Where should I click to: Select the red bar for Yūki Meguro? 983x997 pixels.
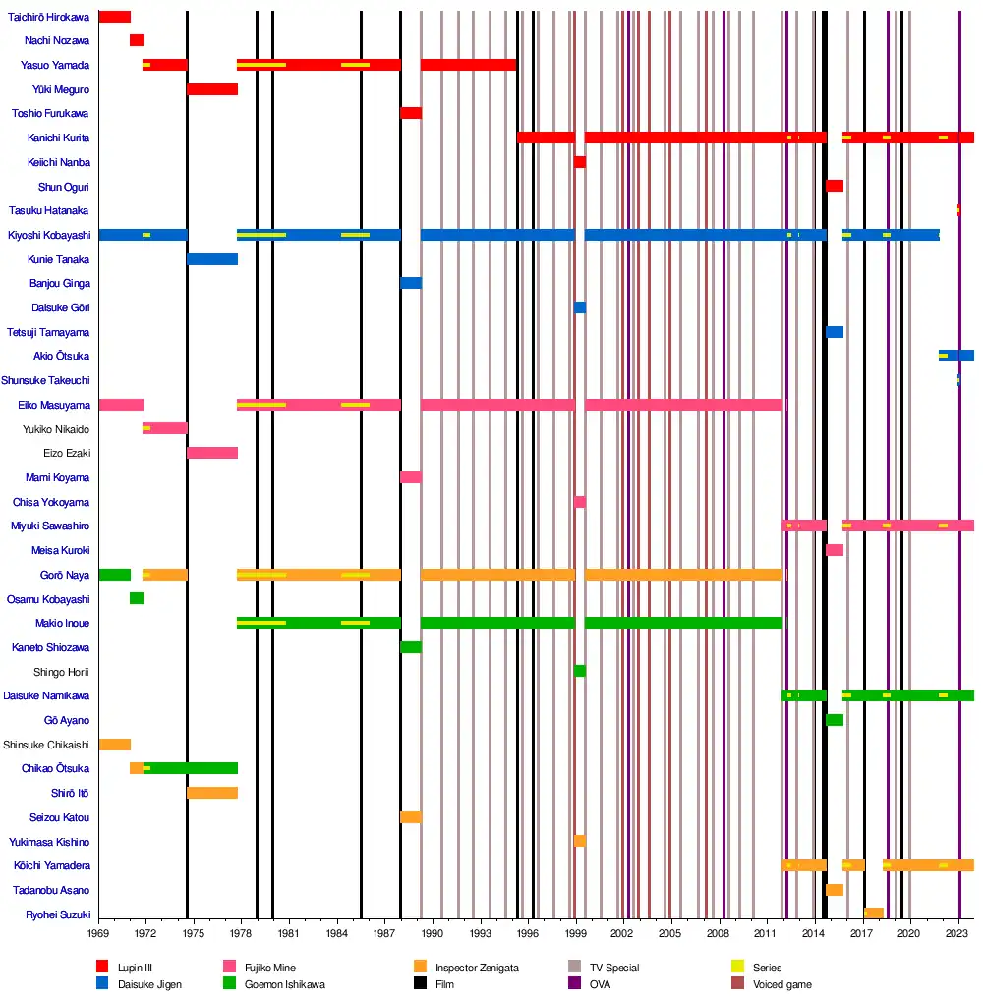(212, 89)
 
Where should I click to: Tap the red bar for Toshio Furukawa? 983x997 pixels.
(411, 113)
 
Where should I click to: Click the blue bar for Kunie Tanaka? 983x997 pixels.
(212, 259)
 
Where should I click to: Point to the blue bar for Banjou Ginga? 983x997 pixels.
(411, 283)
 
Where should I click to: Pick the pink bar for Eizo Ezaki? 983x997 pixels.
(212, 453)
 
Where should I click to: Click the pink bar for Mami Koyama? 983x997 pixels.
(411, 477)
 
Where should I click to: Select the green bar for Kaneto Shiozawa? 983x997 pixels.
(411, 647)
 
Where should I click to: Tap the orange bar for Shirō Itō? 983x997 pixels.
(212, 793)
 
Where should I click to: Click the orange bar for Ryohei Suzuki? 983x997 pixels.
(873, 914)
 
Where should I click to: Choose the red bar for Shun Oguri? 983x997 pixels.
(835, 186)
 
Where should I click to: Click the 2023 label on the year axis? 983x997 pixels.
(958, 933)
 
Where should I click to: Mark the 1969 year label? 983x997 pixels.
(98, 933)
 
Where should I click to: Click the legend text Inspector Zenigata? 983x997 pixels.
(477, 968)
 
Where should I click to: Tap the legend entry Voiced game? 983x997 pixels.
(782, 983)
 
